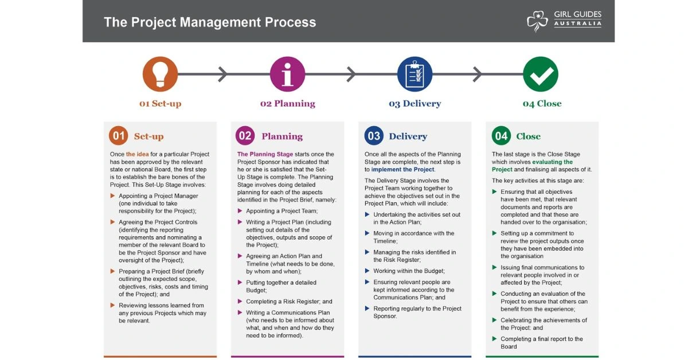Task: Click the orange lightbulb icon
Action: click(x=160, y=74)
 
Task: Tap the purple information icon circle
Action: click(x=287, y=74)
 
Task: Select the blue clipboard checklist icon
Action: click(x=415, y=74)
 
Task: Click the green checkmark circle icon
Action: click(x=541, y=74)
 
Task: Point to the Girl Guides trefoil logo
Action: click(x=537, y=21)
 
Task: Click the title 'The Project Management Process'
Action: click(x=210, y=22)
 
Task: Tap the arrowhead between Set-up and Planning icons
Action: click(x=222, y=74)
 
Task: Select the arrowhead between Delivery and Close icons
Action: click(x=477, y=74)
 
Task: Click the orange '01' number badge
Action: click(x=118, y=135)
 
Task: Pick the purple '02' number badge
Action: click(x=245, y=135)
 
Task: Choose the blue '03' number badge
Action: click(x=374, y=135)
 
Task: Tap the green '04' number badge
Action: click(x=501, y=135)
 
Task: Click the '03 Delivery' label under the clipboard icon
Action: click(x=415, y=104)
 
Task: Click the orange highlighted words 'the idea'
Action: click(x=137, y=154)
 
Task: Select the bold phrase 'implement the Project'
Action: click(x=402, y=170)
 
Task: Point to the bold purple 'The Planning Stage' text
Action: click(x=265, y=154)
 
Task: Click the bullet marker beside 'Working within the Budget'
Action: click(x=367, y=271)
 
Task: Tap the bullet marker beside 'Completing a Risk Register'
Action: click(x=240, y=301)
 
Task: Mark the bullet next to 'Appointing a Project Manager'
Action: click(x=112, y=195)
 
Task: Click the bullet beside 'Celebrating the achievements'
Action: click(x=494, y=320)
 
